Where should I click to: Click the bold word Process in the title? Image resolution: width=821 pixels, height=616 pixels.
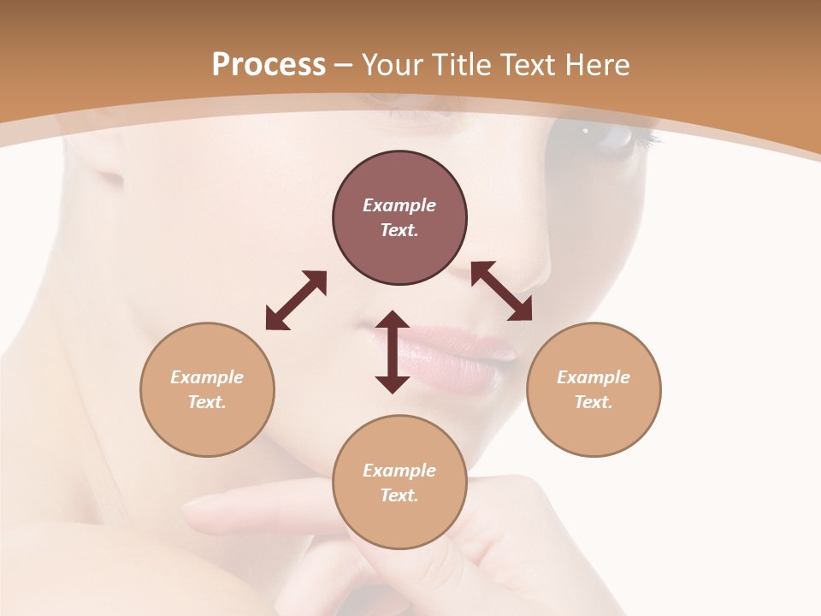269,65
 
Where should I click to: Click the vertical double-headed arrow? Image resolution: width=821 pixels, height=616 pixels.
393,352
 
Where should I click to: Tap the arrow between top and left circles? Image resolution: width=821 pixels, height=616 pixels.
296,300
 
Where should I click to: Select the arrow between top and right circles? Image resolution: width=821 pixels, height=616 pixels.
502,291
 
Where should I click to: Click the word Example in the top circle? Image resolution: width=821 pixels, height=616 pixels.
399,205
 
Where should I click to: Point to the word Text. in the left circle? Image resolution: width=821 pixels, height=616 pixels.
207,402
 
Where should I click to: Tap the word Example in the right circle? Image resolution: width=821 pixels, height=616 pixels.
594,377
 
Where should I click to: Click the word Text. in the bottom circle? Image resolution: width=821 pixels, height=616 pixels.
399,495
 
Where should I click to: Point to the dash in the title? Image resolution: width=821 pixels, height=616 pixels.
343,65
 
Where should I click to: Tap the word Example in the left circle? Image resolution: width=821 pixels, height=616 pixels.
207,377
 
